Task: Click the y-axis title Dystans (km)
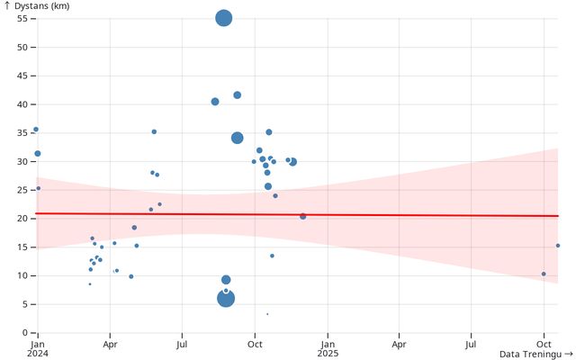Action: click(40, 6)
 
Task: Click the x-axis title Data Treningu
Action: click(533, 354)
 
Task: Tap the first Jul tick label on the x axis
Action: click(182, 344)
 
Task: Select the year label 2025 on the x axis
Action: click(328, 354)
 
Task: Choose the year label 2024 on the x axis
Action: click(38, 354)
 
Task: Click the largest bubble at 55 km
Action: click(224, 18)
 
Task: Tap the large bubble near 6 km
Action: click(226, 298)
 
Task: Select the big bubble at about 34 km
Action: click(238, 138)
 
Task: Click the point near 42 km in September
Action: click(238, 94)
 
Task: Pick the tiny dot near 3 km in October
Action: click(267, 314)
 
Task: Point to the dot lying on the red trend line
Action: click(302, 216)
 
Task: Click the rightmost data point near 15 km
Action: click(558, 246)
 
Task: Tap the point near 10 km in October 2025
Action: click(544, 274)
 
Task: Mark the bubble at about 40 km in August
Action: click(215, 102)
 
